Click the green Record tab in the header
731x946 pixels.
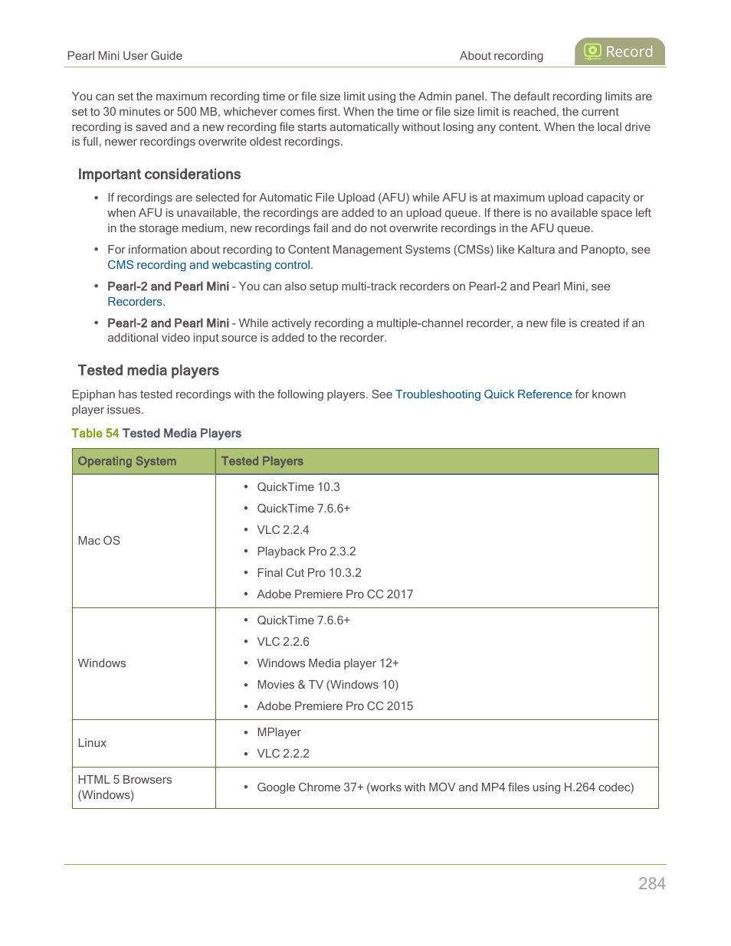[x=620, y=52]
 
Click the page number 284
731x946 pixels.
[x=652, y=883]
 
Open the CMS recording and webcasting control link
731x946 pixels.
[x=209, y=265]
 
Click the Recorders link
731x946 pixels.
[x=135, y=302]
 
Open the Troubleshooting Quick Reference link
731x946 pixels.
[x=484, y=394]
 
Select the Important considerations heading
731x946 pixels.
[x=159, y=175]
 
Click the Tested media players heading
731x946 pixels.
[x=149, y=371]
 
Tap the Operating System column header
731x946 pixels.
[x=127, y=461]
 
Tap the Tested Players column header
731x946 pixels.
[x=262, y=461]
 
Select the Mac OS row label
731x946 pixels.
[x=99, y=541]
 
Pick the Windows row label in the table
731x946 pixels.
[x=102, y=663]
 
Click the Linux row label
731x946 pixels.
[x=92, y=743]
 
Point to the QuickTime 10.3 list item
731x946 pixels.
[x=298, y=487]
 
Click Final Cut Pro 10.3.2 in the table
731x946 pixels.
[x=309, y=573]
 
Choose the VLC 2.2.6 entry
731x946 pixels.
[x=283, y=642]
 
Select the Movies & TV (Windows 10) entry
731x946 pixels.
[x=327, y=685]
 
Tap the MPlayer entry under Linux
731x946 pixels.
[x=279, y=732]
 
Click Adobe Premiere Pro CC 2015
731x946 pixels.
[x=335, y=706]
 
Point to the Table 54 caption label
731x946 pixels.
[x=95, y=434]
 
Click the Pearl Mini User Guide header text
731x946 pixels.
[x=125, y=56]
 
